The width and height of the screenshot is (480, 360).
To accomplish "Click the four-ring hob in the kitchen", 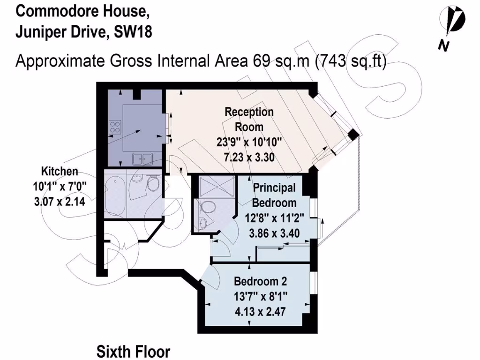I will (x=115, y=126).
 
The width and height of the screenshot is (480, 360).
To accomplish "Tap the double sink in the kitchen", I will (x=142, y=159).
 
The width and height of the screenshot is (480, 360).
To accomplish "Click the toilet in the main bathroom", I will (x=153, y=184).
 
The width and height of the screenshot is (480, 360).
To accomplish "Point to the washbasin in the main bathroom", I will (x=135, y=180).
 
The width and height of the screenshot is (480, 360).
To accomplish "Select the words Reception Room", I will (x=249, y=119).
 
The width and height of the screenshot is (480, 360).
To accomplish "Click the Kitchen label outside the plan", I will (x=60, y=171).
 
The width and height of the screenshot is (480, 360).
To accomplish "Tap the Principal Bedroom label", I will (x=275, y=195).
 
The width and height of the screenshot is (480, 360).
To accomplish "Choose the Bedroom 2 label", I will (x=261, y=281).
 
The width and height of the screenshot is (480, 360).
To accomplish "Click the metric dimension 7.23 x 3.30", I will (x=248, y=157).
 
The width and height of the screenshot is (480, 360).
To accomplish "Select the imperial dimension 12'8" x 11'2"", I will (x=275, y=217).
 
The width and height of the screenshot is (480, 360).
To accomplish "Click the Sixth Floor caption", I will (x=134, y=351).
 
